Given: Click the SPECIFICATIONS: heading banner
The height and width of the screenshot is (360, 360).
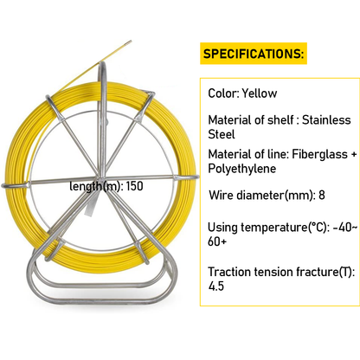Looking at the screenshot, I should coord(253,55).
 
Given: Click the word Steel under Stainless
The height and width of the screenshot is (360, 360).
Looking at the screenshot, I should coord(222,136).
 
